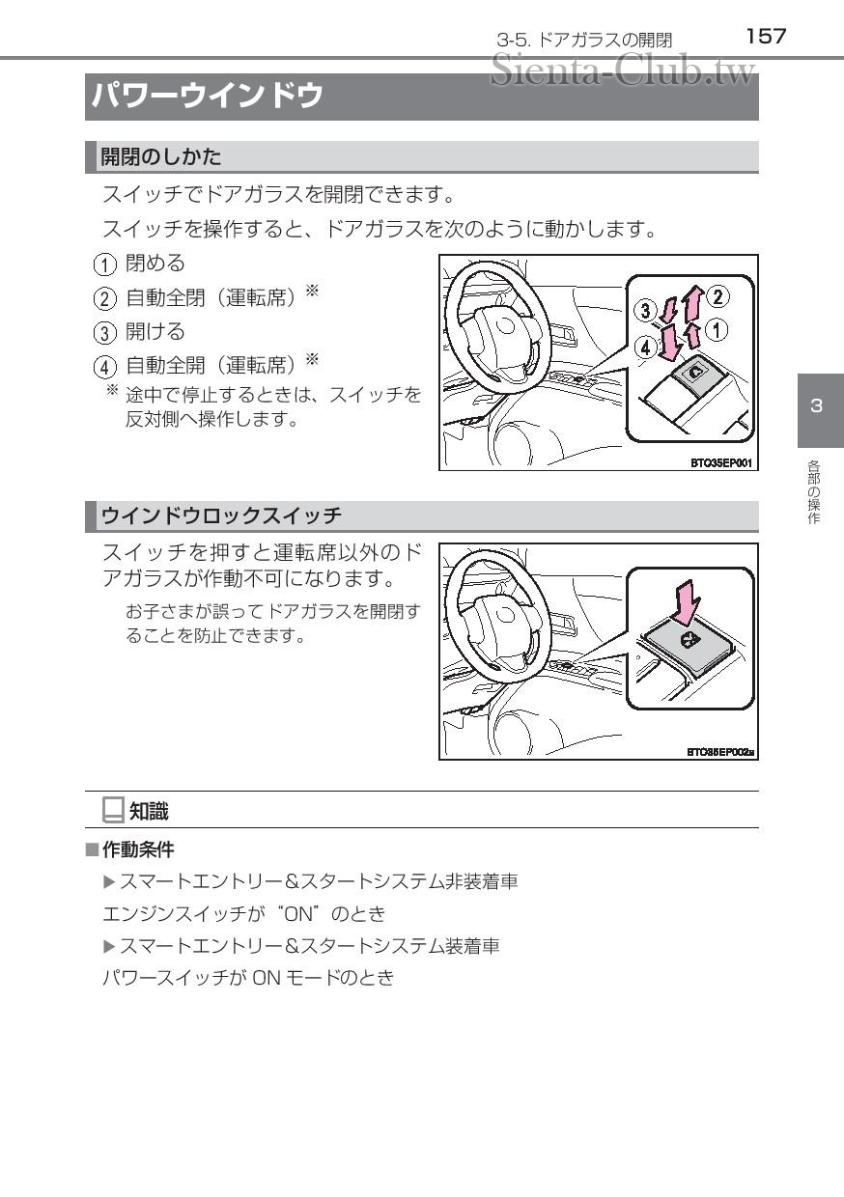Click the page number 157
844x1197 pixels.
pos(766,37)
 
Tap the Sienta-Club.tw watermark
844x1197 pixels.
pos(623,70)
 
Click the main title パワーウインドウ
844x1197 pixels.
pos(208,97)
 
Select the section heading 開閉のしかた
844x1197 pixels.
pos(161,157)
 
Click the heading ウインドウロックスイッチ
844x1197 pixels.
pos(221,515)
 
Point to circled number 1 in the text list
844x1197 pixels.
pos(104,264)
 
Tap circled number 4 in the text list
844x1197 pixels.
pos(104,367)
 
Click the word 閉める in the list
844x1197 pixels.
pos(155,264)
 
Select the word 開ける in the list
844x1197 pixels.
pos(155,332)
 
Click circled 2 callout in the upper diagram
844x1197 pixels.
pos(717,296)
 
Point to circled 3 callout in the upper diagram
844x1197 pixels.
pos(645,310)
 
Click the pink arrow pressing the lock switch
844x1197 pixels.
pos(686,603)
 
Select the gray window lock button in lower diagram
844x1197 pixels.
pos(686,646)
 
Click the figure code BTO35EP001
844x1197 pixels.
pos(721,463)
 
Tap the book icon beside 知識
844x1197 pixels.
pos(113,810)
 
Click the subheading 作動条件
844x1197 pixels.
pos(138,849)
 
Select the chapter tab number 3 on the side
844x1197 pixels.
pos(816,406)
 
